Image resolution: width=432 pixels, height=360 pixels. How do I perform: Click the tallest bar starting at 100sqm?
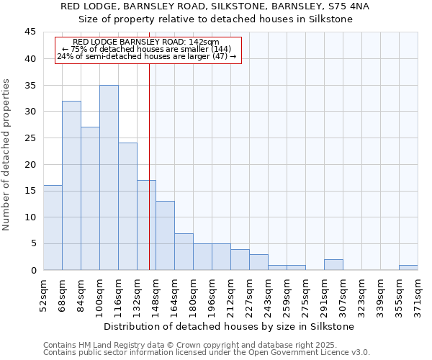pos(109,178)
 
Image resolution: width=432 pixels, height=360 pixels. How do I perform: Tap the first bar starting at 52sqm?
pos(53,228)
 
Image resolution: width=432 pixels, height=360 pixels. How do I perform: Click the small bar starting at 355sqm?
pos(408,267)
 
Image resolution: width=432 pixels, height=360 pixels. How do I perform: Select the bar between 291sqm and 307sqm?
pos(333,264)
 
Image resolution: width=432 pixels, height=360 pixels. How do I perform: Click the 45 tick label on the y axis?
pos(30,32)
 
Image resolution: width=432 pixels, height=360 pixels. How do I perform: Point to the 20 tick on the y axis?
pos(30,164)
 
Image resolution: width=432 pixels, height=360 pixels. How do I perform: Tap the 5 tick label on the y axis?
pos(32,243)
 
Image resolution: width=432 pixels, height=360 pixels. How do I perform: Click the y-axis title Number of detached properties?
pos(7,155)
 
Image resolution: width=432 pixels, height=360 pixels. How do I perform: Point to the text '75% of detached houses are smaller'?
pos(147,49)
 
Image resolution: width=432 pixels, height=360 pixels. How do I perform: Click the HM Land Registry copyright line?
pos(205,345)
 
